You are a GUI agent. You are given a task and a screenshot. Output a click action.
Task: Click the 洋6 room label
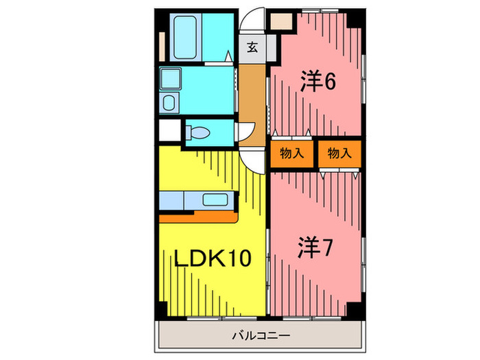pyautogui.click(x=317, y=82)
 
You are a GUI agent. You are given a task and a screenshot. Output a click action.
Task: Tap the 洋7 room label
pyautogui.click(x=315, y=248)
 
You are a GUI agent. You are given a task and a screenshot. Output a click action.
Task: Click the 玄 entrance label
pyautogui.click(x=252, y=47)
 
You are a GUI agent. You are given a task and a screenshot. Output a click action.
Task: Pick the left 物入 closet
pyautogui.click(x=292, y=154)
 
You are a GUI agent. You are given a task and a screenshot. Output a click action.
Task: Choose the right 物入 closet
pyautogui.click(x=339, y=154)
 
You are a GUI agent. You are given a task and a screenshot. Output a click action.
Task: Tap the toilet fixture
pyautogui.click(x=197, y=132)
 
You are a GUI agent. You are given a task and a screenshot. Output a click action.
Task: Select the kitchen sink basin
pyautogui.click(x=217, y=200)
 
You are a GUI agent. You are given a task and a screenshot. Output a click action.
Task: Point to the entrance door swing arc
pyautogui.click(x=254, y=16)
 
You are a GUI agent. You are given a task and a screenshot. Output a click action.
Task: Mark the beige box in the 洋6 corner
pyautogui.click(x=280, y=21)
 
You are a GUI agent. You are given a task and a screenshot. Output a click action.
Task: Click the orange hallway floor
pyautogui.click(x=252, y=103)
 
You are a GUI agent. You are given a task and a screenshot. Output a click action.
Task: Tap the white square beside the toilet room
pyautogui.click(x=169, y=130)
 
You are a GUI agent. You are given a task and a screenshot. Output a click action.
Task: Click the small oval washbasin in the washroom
pyautogui.click(x=169, y=103)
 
